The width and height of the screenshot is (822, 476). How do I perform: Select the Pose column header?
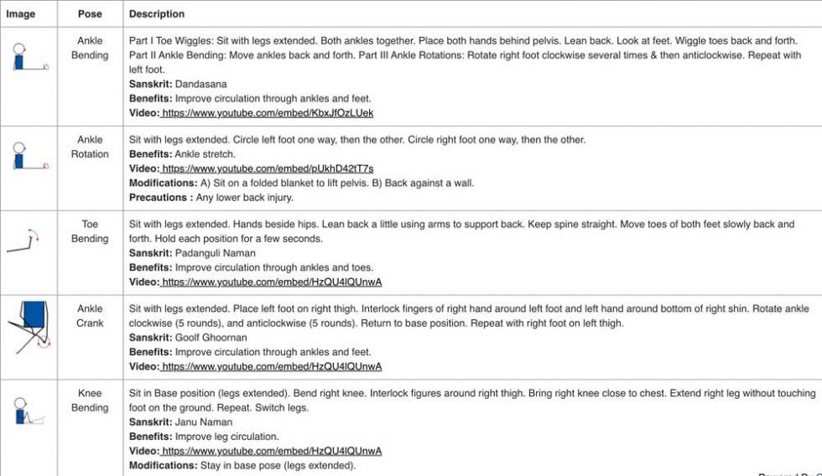(x=90, y=14)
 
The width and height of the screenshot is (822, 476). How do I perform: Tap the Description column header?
(x=157, y=14)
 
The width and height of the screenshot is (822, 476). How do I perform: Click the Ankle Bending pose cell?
(x=90, y=48)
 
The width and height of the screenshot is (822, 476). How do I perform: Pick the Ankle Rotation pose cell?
(x=90, y=147)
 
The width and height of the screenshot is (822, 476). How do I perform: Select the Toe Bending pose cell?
(x=90, y=231)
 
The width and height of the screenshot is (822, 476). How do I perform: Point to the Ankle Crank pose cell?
(x=90, y=316)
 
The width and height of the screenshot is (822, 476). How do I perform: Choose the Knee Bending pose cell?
(x=90, y=401)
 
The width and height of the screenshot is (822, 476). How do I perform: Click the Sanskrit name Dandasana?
(x=202, y=85)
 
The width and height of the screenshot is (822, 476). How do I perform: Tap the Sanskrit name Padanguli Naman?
(x=217, y=253)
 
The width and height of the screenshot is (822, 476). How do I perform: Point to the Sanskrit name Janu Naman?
(x=204, y=422)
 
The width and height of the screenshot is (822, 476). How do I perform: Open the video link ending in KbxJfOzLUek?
(x=268, y=113)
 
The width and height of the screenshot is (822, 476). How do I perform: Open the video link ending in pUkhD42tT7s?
(x=268, y=169)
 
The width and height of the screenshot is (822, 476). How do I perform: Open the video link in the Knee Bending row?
(x=271, y=451)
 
